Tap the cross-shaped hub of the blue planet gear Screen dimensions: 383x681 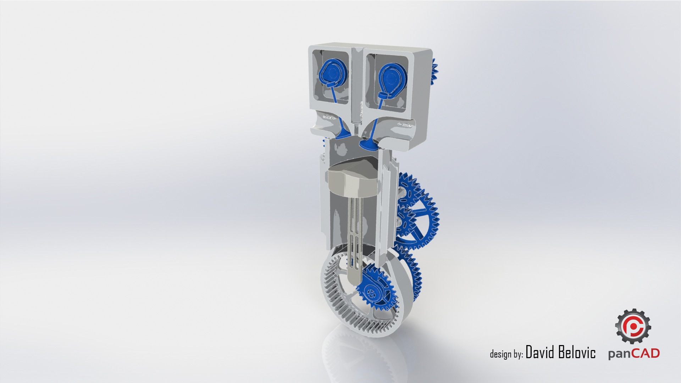372,293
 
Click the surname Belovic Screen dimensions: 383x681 577,353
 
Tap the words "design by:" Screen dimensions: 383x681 506,354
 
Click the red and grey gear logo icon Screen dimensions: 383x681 633,326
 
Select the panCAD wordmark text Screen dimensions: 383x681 634,354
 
